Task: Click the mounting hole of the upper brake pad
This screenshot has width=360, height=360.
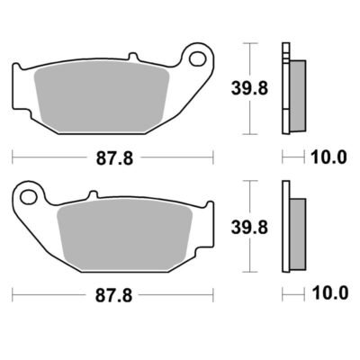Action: pyautogui.click(x=197, y=58)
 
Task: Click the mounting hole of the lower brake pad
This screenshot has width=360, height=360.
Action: pyautogui.click(x=29, y=197)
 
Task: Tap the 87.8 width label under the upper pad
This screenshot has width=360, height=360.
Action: pyautogui.click(x=114, y=158)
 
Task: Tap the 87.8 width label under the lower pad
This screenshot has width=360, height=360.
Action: pyautogui.click(x=113, y=296)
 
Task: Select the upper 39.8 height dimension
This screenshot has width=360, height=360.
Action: pyautogui.click(x=249, y=88)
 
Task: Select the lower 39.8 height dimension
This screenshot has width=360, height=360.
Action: pyautogui.click(x=249, y=228)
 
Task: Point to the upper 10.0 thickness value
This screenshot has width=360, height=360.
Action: pyautogui.click(x=329, y=157)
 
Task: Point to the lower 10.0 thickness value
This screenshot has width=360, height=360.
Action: pyautogui.click(x=330, y=292)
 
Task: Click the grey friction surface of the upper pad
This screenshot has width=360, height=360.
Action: pyautogui.click(x=101, y=96)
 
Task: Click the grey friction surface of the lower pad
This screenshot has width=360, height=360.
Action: pyautogui.click(x=124, y=235)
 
